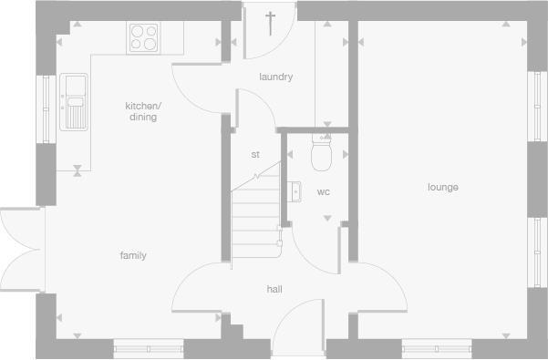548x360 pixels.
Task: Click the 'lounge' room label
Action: tap(443, 188)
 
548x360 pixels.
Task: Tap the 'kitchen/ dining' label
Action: tap(141, 111)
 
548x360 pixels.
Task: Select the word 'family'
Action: tap(133, 256)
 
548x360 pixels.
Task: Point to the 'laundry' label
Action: tap(275, 77)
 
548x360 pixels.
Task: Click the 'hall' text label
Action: tap(274, 290)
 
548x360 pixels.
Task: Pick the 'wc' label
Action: tap(323, 192)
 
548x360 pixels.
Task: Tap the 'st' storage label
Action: tap(255, 155)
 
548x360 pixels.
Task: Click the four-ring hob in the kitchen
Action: tap(142, 36)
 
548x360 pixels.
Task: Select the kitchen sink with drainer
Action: tap(74, 101)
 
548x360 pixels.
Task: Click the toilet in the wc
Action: tap(320, 154)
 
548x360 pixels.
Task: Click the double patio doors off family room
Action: tap(19, 248)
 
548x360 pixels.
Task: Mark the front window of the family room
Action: tap(147, 346)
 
